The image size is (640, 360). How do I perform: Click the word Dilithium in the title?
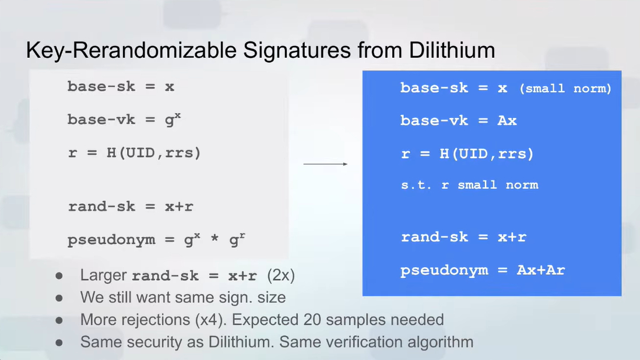click(452, 50)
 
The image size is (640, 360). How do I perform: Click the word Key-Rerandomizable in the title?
click(131, 51)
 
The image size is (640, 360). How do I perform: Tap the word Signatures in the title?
click(297, 51)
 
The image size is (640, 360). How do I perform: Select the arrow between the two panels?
click(325, 164)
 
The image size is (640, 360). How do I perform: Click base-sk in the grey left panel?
click(101, 86)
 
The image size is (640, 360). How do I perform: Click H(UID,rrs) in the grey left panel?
click(154, 153)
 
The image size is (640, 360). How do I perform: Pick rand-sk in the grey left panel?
click(101, 207)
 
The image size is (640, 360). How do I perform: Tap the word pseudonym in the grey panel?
click(111, 240)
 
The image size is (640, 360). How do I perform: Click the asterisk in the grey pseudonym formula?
click(214, 239)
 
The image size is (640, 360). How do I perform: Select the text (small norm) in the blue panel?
click(565, 89)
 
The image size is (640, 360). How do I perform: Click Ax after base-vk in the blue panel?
click(507, 121)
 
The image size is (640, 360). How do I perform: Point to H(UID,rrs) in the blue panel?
click(487, 154)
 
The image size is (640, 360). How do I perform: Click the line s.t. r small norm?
click(469, 185)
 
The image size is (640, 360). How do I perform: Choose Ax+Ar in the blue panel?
click(541, 270)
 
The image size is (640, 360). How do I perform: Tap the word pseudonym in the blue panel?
click(444, 271)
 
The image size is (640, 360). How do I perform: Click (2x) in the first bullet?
click(281, 275)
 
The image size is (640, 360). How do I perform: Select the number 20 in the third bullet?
click(312, 320)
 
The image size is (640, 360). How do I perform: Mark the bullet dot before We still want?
click(59, 298)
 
